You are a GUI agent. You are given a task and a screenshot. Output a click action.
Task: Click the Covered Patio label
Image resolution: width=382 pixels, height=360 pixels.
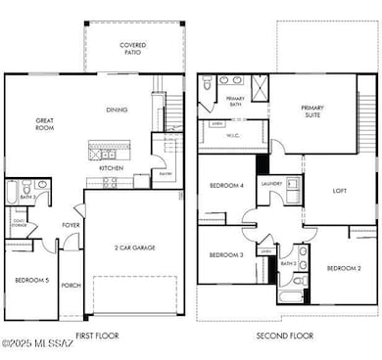[133, 48]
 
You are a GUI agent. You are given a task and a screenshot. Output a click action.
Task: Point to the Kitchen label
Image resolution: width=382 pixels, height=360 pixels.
[111, 167]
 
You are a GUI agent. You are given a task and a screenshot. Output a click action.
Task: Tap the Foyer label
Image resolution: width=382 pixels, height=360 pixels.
[72, 224]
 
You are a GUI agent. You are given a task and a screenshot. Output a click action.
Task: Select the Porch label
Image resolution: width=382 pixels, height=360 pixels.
[71, 287]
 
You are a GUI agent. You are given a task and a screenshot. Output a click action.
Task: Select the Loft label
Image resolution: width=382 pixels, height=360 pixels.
[340, 192]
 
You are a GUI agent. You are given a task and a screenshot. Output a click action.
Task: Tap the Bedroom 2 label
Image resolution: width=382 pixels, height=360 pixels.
[343, 268]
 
